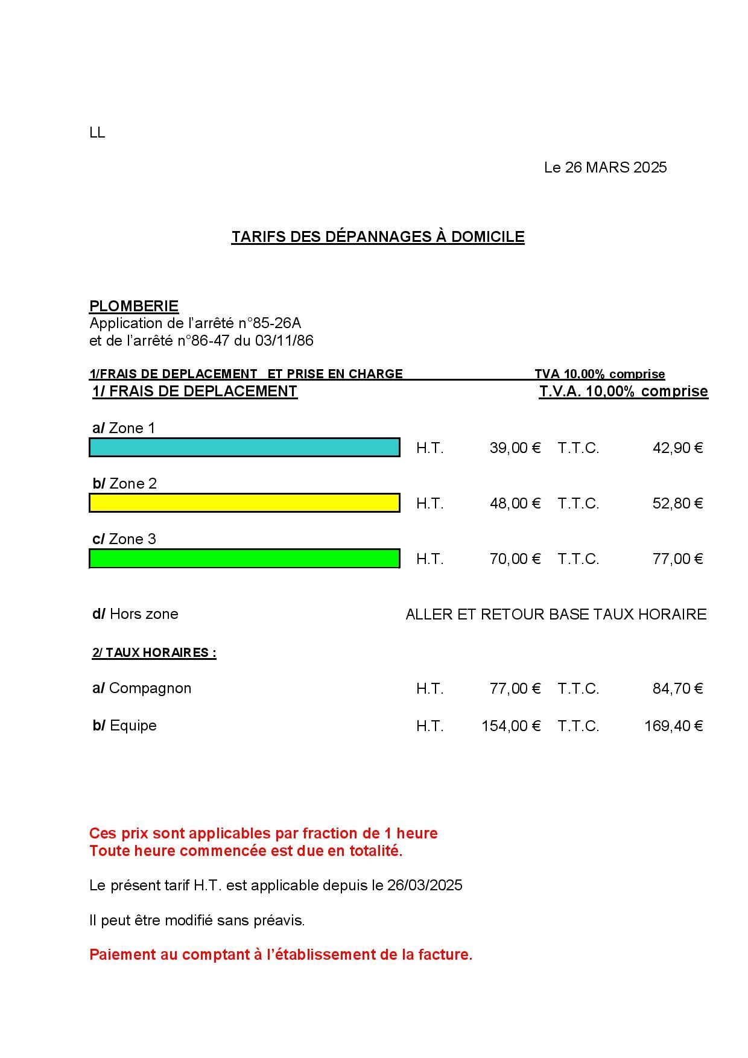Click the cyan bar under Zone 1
coord(244,448)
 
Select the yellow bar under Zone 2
coord(244,503)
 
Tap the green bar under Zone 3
coord(244,559)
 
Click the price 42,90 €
coord(677,448)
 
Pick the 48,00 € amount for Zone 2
coord(515,504)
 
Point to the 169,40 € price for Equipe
coord(673,726)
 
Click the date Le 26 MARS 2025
coord(605,168)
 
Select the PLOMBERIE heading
coord(134,306)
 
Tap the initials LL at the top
coord(97,133)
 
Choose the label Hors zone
coord(144,614)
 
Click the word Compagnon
coord(150,688)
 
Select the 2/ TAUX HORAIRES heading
coord(154,653)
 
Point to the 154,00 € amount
coord(510,726)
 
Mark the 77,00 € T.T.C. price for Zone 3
coord(677,559)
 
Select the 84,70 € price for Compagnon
coord(677,689)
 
